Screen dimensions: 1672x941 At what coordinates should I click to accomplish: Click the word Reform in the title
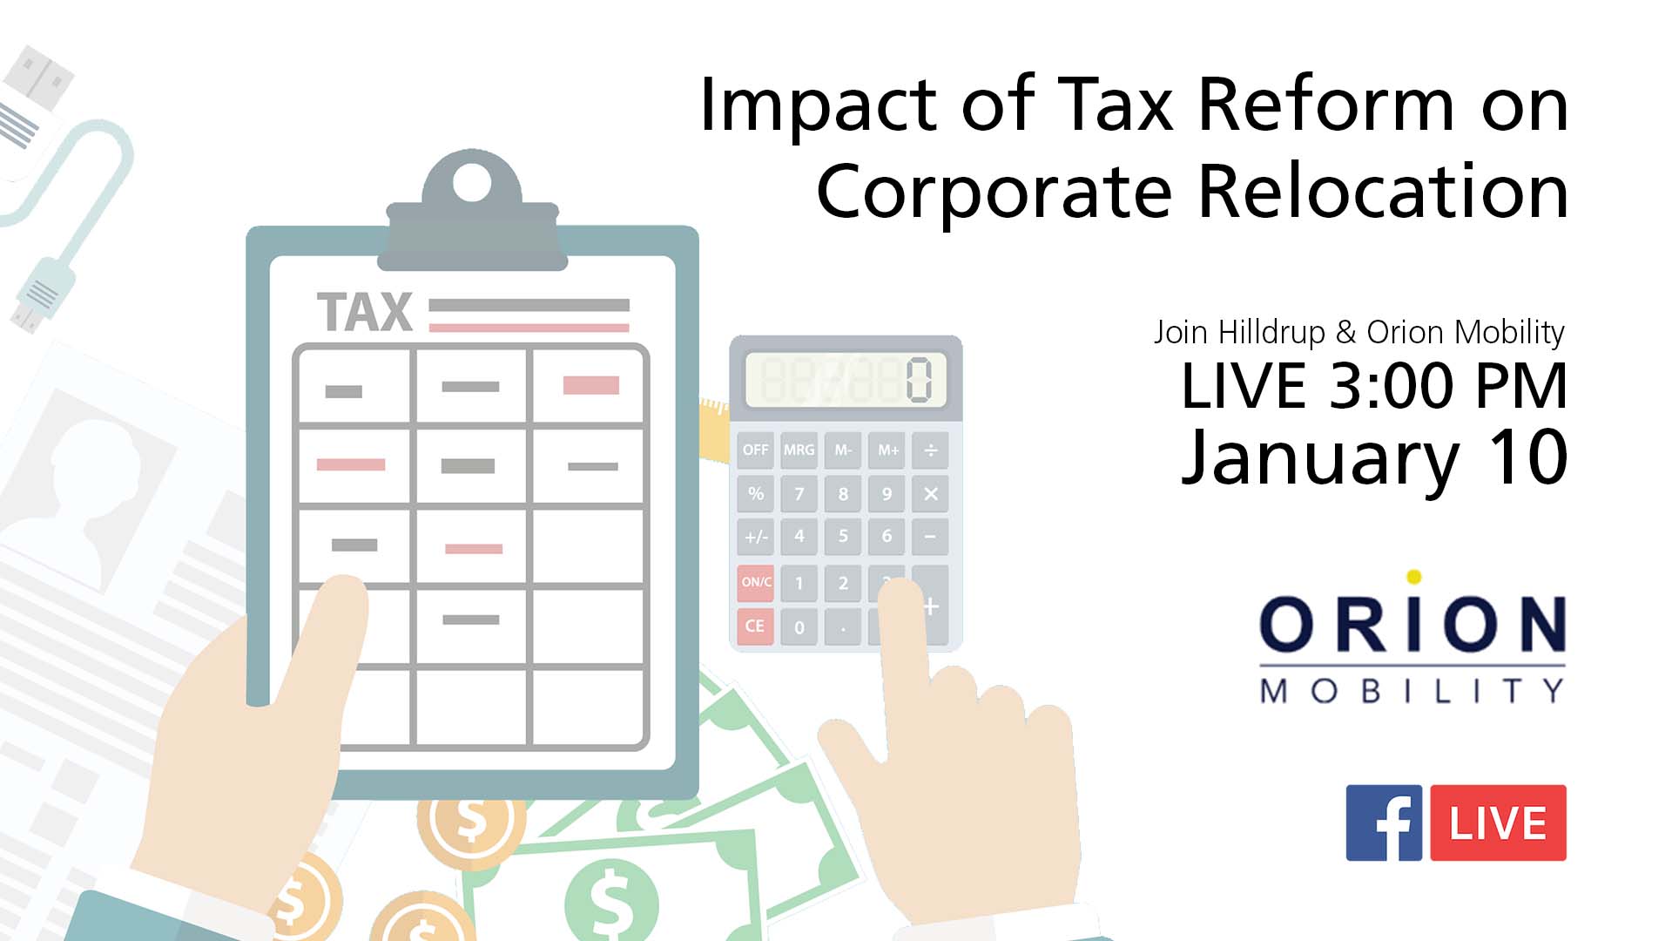coord(1326,104)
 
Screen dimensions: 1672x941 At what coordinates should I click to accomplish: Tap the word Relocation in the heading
coord(1384,191)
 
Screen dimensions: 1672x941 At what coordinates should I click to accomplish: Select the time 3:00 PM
coord(1448,385)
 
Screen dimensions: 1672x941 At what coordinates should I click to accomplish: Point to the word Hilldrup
coord(1271,332)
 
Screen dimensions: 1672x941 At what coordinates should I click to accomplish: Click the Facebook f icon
coord(1384,823)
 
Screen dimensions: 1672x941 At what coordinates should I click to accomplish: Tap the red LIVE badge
coord(1498,823)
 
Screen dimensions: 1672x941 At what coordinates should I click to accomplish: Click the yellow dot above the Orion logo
coord(1414,577)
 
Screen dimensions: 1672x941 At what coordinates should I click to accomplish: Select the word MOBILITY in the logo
coord(1412,691)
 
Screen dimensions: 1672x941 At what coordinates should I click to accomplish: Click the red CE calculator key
coord(755,626)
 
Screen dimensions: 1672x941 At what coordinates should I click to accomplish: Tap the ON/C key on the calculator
coord(755,582)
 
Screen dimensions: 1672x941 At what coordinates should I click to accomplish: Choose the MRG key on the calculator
coord(799,450)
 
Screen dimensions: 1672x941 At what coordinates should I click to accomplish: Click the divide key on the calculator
coord(930,450)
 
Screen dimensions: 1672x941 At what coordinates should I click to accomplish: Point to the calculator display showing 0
coord(846,380)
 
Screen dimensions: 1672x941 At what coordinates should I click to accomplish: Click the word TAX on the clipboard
coord(365,312)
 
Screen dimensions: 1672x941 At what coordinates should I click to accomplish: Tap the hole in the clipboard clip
coord(472,182)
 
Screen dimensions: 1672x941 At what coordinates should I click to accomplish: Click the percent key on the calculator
coord(755,493)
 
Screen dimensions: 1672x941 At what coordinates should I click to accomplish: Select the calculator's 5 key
coord(842,536)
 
